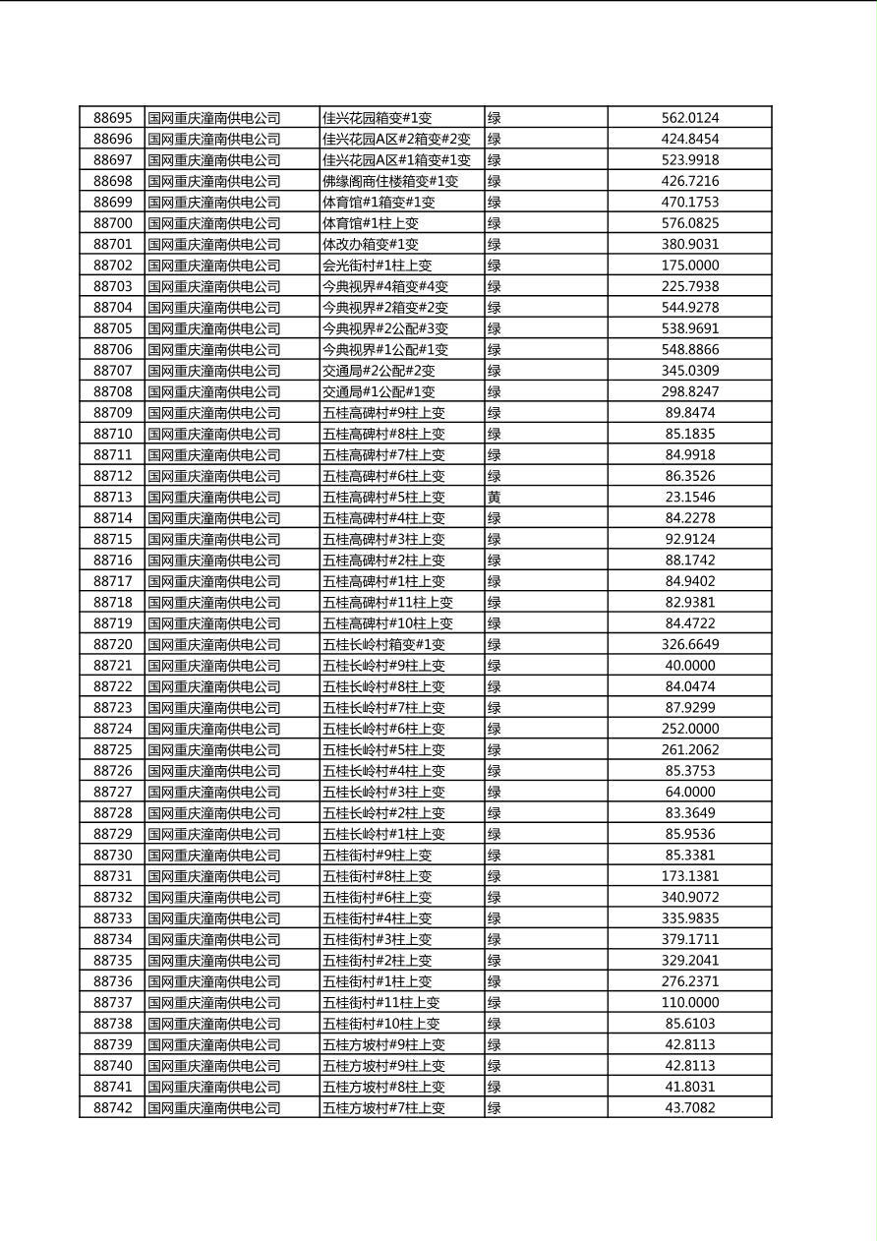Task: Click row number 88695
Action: click(112, 118)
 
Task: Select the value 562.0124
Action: click(689, 118)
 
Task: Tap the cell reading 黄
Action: click(495, 498)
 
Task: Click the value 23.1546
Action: click(689, 498)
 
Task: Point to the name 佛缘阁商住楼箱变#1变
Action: click(390, 181)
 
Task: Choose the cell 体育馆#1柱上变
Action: click(371, 223)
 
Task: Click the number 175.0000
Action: click(689, 266)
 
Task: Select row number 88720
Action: click(112, 645)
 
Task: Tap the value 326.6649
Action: click(689, 645)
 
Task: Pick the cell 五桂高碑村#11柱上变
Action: click(387, 603)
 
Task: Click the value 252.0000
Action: click(689, 729)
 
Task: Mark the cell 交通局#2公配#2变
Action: click(379, 371)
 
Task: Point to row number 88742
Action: click(112, 1108)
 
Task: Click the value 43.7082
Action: click(689, 1108)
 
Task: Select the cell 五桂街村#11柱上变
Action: click(381, 1003)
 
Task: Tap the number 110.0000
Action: click(689, 1003)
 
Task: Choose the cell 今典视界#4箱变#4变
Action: click(385, 286)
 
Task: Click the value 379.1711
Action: click(689, 939)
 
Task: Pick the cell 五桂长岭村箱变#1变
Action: click(383, 645)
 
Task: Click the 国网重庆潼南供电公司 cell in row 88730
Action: click(214, 856)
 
